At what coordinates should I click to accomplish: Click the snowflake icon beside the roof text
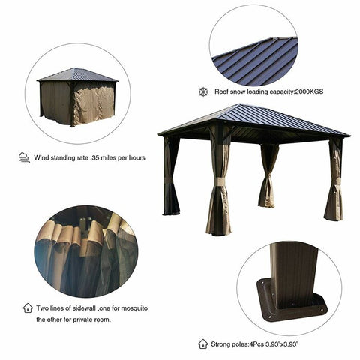click(202, 91)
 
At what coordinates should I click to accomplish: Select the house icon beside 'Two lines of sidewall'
click(28, 307)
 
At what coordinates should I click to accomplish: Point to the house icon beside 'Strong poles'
click(202, 343)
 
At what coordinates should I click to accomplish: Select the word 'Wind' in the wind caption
click(43, 158)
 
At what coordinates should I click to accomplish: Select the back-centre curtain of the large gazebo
click(267, 176)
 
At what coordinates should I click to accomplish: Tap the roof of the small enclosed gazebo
click(77, 74)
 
